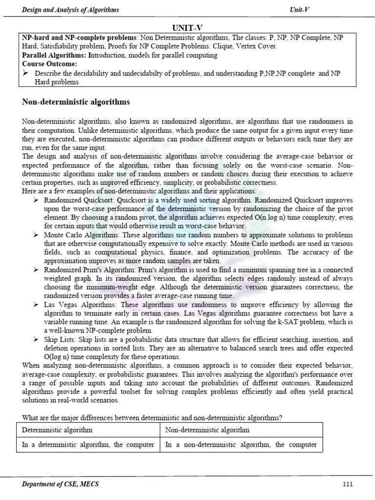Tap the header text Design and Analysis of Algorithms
click(71, 10)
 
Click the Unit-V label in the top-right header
click(299, 10)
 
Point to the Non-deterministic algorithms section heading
click(76, 102)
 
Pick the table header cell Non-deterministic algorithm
click(208, 430)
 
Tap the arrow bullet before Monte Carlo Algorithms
click(37, 235)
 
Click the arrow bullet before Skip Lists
click(37, 338)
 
